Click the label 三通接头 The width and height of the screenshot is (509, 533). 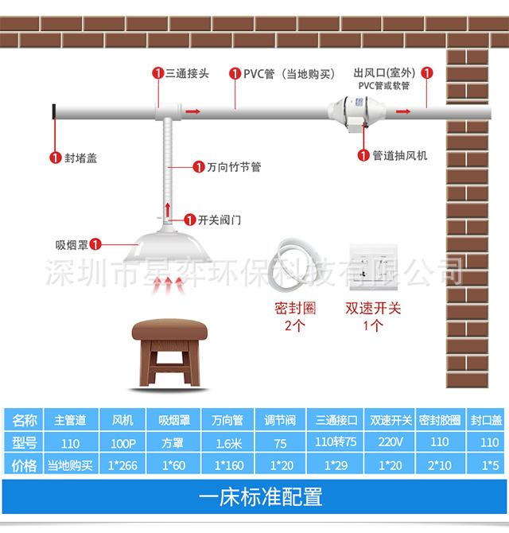[187, 73]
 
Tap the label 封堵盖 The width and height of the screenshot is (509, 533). [80, 158]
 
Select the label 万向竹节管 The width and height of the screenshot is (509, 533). [234, 167]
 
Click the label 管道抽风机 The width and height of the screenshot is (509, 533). [399, 155]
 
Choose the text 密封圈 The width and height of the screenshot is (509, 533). [295, 308]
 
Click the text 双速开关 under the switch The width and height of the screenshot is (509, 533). [373, 308]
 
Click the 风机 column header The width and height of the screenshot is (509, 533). [123, 420]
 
